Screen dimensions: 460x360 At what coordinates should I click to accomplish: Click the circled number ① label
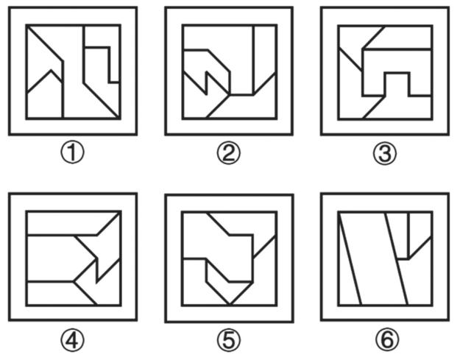coord(72,153)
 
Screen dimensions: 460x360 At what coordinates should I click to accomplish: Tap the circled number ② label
coord(229,153)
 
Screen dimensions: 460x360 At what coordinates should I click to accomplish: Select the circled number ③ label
coord(385,153)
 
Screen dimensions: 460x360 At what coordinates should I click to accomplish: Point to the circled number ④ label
coord(72,340)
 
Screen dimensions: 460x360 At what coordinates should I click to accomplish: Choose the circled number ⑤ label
coord(229,340)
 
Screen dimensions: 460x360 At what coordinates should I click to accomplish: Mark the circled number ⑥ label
coord(387,340)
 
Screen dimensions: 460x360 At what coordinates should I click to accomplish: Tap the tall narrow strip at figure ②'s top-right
coord(265,56)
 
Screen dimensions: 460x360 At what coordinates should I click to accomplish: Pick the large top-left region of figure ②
coord(217,38)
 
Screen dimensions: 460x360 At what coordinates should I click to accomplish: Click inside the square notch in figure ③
coord(397,85)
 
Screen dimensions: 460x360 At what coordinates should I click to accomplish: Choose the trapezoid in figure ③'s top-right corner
coord(402,38)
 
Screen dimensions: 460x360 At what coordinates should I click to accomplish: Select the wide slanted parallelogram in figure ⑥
coord(373,258)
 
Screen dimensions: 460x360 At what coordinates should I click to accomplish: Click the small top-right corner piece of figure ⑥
coord(420,229)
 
